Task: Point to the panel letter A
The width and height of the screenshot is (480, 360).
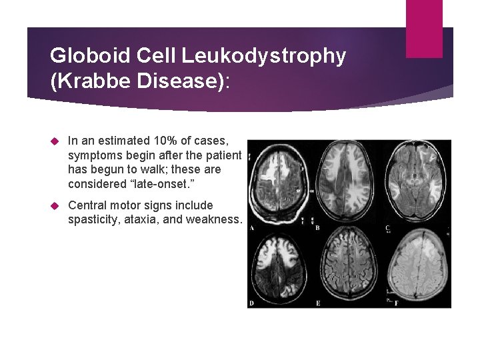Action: tap(251, 228)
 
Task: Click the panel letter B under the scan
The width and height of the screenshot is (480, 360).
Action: tap(317, 228)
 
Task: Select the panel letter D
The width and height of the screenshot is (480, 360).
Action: tap(251, 303)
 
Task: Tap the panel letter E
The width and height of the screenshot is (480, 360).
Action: tap(317, 303)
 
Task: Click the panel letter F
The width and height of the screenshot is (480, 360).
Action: tap(396, 303)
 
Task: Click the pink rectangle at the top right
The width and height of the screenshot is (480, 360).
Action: tap(424, 28)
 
